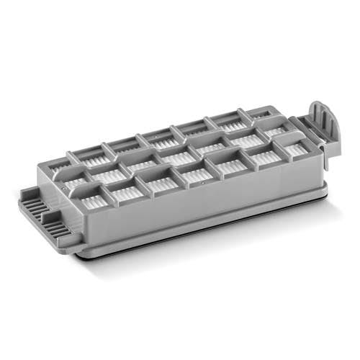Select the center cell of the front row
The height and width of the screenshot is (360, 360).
197,174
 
